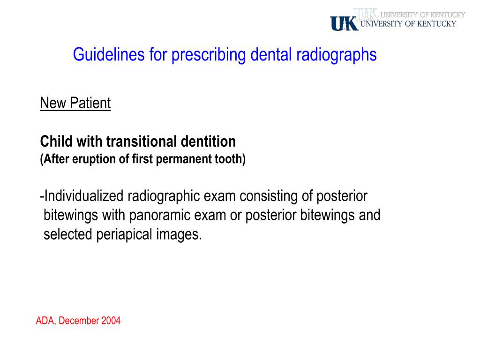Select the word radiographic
pos(159,196)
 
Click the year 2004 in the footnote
pos(111,321)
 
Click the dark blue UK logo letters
pos(344,23)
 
